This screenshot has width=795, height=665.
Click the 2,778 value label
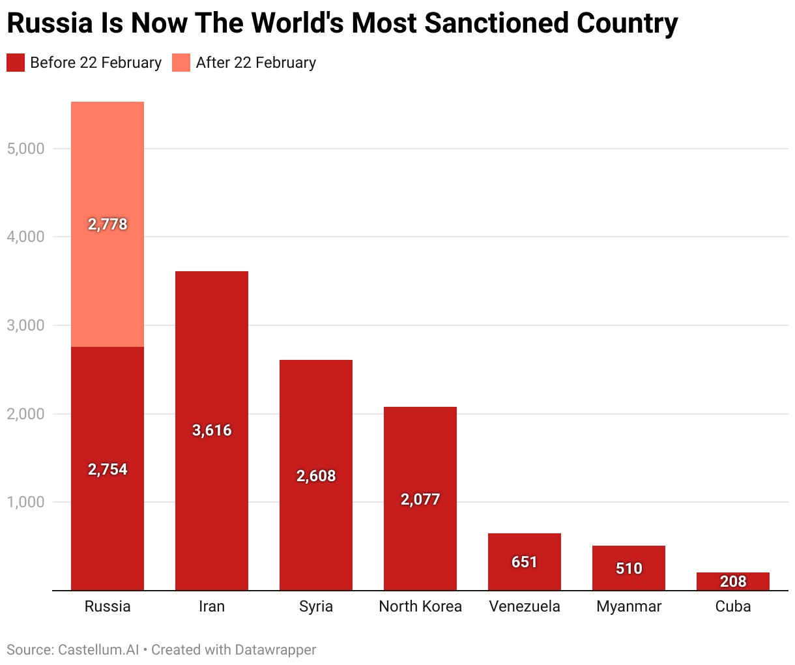click(x=108, y=224)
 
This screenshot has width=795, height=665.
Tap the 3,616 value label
click(x=212, y=430)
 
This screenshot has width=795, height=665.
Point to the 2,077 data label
click(x=420, y=499)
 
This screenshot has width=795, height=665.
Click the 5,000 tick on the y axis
click(x=25, y=149)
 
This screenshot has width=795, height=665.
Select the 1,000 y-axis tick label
click(x=25, y=502)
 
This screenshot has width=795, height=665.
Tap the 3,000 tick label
click(x=25, y=325)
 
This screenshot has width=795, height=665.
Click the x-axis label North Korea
click(x=420, y=606)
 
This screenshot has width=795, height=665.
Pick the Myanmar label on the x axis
click(x=629, y=606)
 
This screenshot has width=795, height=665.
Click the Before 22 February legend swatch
click(x=16, y=63)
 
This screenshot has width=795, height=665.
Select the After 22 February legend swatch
click(x=181, y=63)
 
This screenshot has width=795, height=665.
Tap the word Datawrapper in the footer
click(x=276, y=650)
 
